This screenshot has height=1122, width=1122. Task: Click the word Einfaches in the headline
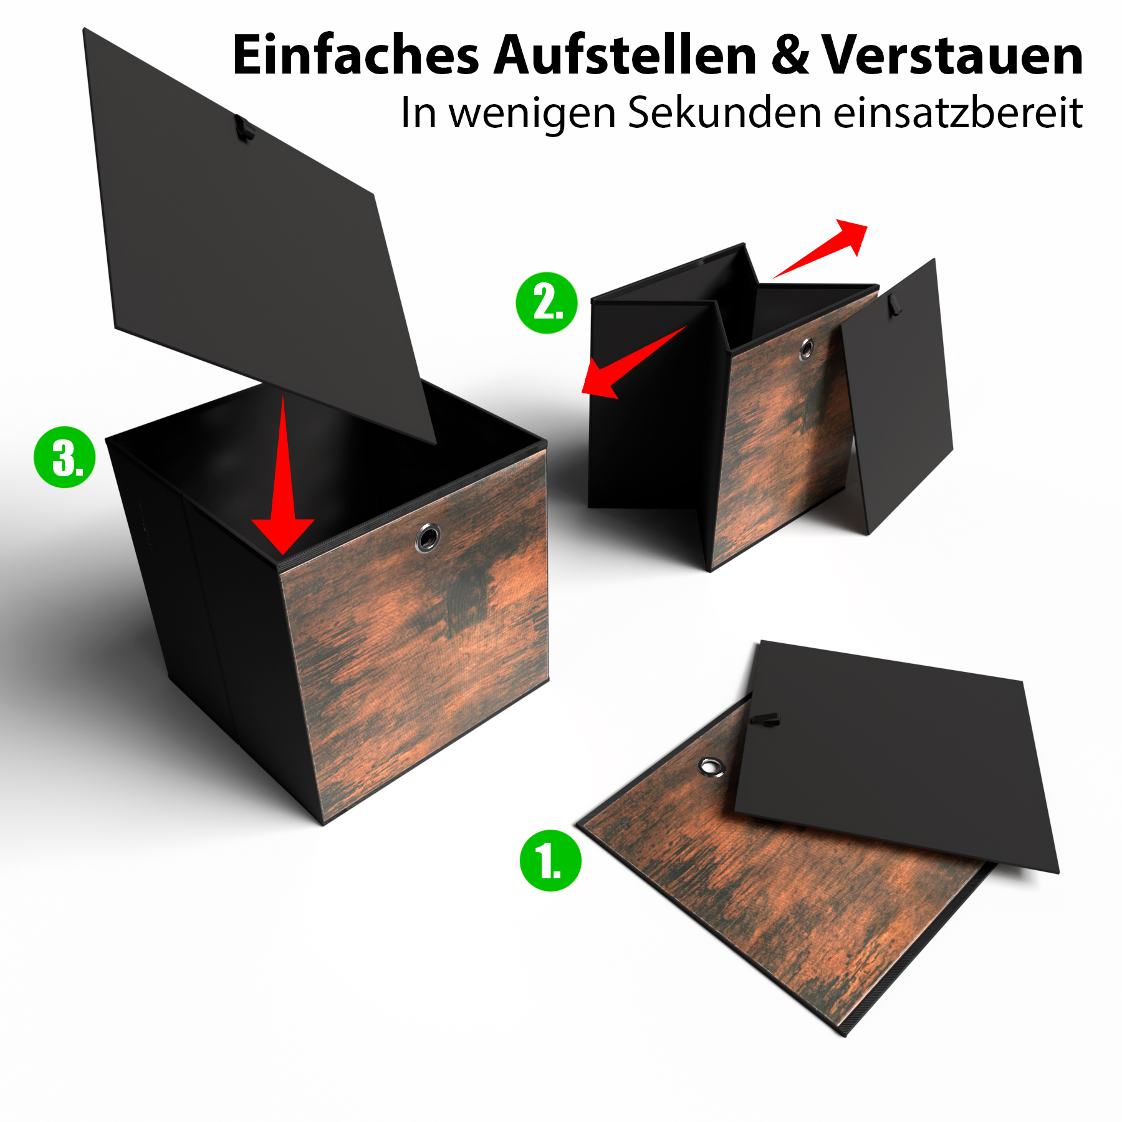(x=355, y=55)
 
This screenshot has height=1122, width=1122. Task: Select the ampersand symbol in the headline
(x=790, y=56)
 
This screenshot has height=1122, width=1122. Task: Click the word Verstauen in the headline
(x=952, y=56)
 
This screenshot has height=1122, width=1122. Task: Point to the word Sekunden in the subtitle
(x=724, y=113)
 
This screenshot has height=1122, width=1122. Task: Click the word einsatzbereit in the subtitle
(x=958, y=113)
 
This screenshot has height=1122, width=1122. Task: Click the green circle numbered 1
(x=550, y=861)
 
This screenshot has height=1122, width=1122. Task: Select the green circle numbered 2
(x=547, y=303)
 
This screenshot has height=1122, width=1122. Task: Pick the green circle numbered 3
(x=64, y=457)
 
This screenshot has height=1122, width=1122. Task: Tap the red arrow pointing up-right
(x=820, y=248)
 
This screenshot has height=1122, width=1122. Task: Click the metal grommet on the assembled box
(x=428, y=537)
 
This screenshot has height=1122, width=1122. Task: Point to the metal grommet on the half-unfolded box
(x=807, y=349)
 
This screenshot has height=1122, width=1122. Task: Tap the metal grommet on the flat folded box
(x=711, y=767)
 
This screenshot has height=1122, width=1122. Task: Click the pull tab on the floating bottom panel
(x=244, y=128)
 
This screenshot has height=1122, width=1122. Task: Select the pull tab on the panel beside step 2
(x=896, y=304)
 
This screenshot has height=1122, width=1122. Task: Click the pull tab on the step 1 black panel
(x=764, y=719)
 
